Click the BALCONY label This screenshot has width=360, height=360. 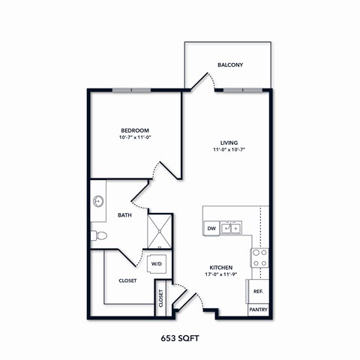tap(230, 65)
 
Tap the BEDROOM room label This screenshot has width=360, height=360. tap(135, 129)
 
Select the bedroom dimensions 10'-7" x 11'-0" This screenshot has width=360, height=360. tap(135, 137)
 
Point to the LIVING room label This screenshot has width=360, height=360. tap(229, 142)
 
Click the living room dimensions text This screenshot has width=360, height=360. tap(229, 150)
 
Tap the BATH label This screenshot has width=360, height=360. tap(124, 216)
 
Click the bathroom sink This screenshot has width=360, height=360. tap(98, 201)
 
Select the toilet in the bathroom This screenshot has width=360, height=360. tap(99, 236)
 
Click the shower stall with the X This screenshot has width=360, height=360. tap(159, 230)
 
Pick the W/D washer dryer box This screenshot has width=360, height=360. tap(157, 264)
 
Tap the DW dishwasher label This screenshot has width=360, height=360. tap(211, 227)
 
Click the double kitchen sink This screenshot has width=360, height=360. tap(232, 227)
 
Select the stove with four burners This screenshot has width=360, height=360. tap(259, 258)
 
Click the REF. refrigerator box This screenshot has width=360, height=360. tap(258, 291)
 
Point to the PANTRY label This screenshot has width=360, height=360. tap(258, 309)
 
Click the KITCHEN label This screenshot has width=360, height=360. tap(220, 267)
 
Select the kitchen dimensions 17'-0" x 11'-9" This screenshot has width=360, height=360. tap(220, 275)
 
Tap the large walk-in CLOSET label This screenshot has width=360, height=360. tap(127, 281)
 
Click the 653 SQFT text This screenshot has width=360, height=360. tap(180, 337)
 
